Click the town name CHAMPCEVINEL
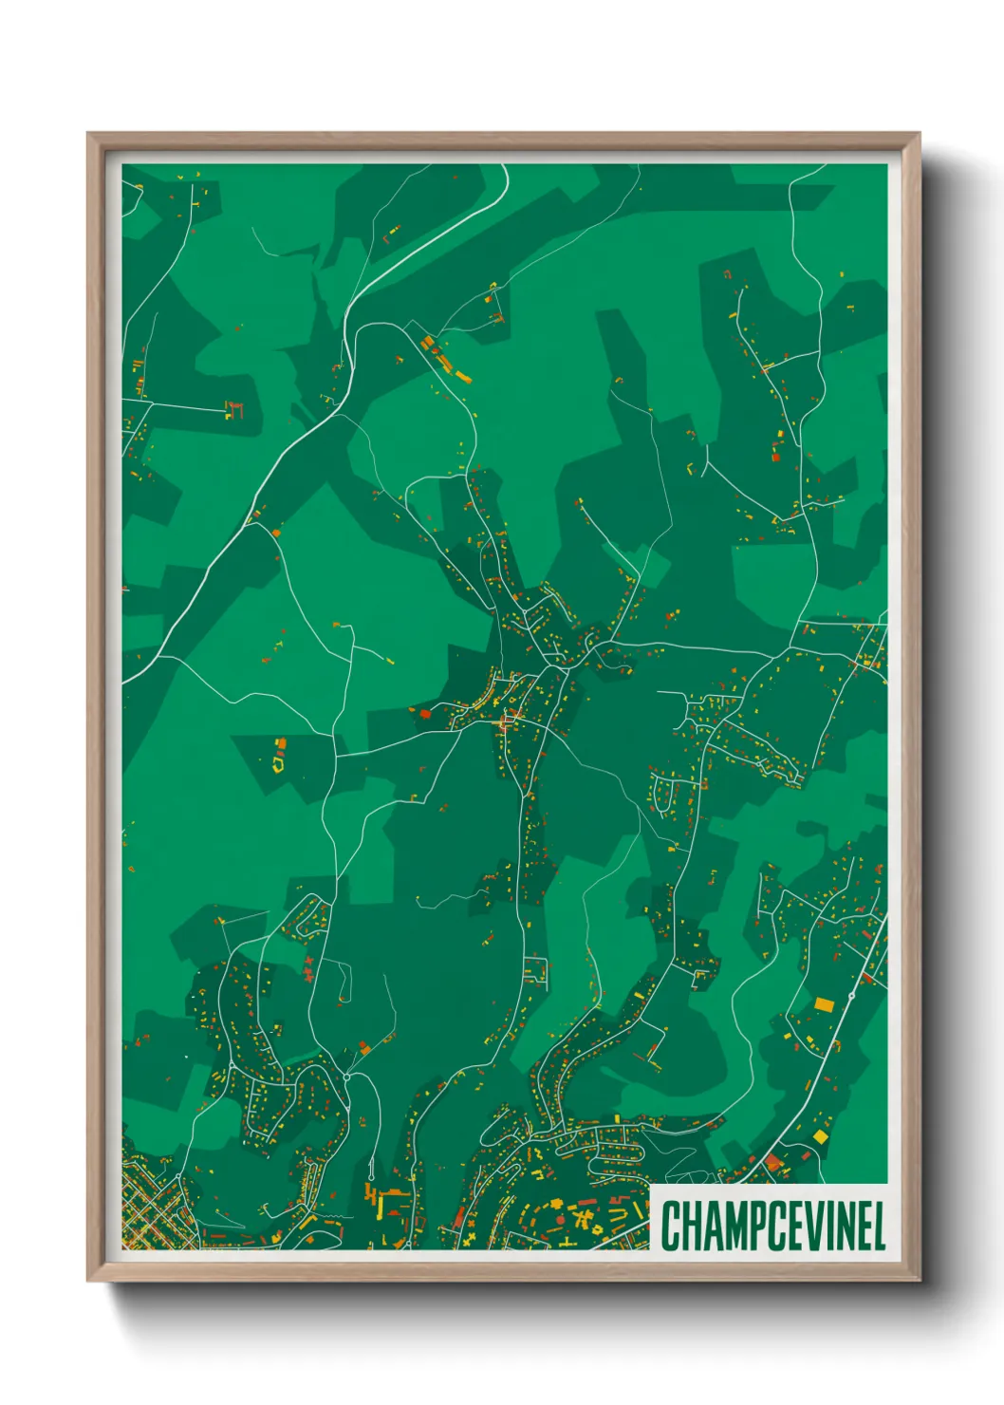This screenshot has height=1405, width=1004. coord(772,1226)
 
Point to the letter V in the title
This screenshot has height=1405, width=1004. coord(812,1226)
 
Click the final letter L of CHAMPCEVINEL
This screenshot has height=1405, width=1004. coord(878,1226)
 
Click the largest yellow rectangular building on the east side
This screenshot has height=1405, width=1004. coord(824,1003)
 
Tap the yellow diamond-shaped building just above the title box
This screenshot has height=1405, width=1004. coord(820,1136)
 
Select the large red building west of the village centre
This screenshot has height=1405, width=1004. coord(424,712)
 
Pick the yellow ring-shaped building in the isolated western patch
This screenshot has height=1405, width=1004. coord(279,760)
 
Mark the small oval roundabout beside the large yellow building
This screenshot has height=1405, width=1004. coord(851,997)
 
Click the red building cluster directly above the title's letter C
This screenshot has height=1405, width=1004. coord(773,1163)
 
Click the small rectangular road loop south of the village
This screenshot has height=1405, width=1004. coord(535,970)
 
